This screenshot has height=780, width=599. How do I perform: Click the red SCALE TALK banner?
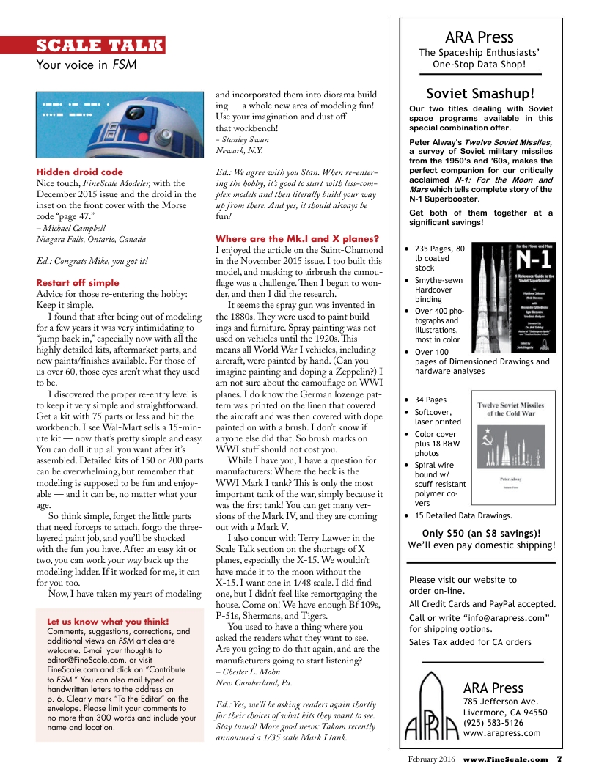click(x=100, y=45)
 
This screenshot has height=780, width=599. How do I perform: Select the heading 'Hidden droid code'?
click(x=80, y=172)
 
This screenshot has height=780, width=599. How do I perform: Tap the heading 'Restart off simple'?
click(x=78, y=282)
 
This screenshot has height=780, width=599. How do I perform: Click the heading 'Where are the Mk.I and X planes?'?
click(x=297, y=238)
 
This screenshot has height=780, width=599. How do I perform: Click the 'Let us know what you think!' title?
click(x=108, y=622)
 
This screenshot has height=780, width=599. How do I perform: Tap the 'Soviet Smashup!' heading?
click(x=480, y=93)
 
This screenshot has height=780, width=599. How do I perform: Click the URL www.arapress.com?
click(x=501, y=733)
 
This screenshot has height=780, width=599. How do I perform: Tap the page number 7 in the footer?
click(x=559, y=759)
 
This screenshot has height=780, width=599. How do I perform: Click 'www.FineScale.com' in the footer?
click(x=505, y=759)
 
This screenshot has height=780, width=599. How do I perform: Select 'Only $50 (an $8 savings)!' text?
click(x=482, y=533)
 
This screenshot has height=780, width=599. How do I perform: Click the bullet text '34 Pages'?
click(x=430, y=400)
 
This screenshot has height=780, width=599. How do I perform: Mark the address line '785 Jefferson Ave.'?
click(x=501, y=701)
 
